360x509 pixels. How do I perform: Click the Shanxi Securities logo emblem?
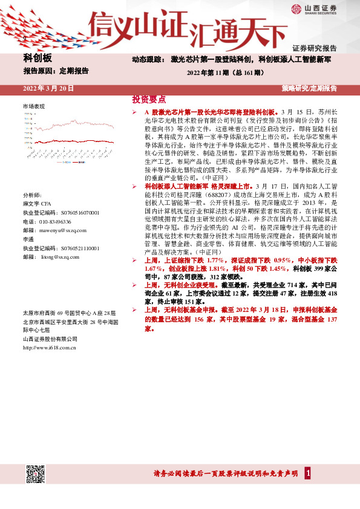coord(296,8)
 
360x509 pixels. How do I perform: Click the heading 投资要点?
coord(149,100)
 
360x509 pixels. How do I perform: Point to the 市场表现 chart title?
coord(34,106)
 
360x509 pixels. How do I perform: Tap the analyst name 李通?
coord(28,240)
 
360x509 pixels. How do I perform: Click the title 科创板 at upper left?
coord(38,58)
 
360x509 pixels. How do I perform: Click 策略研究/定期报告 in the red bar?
coord(309,89)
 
